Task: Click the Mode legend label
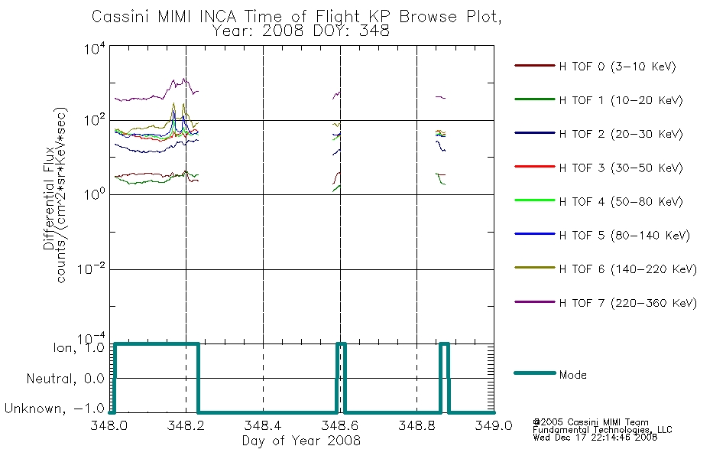[572, 375]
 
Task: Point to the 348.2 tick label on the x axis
[186, 425]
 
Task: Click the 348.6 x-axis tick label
[340, 425]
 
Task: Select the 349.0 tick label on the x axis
[494, 425]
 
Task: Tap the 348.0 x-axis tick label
[109, 425]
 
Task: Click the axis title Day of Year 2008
[301, 441]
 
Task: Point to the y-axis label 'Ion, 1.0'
[79, 347]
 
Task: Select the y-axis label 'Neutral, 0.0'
[65, 379]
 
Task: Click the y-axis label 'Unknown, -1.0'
[54, 409]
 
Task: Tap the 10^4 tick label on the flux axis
[95, 48]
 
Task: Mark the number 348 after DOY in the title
[374, 31]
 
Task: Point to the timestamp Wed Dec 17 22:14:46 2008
[595, 437]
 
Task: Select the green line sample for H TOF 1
[534, 99]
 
